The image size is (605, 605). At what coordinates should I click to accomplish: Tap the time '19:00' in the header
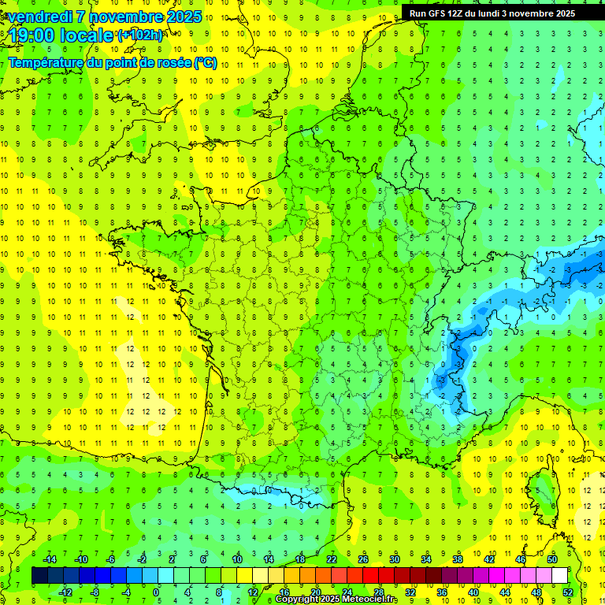32,35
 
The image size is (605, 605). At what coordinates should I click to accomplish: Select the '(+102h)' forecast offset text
140,35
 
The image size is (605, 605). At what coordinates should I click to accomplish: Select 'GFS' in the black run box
435,13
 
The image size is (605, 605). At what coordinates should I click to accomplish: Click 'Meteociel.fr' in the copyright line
370,599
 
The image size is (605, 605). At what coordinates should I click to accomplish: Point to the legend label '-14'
50,559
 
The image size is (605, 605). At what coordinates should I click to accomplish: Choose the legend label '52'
568,592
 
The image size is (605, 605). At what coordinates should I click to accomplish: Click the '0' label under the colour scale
156,592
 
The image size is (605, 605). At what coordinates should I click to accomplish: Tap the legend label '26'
363,559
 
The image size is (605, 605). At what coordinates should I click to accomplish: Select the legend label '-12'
65,592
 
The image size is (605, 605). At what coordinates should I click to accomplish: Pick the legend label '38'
457,559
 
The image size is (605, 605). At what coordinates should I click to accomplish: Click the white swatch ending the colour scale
559,576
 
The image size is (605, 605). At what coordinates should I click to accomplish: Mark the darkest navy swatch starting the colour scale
39,576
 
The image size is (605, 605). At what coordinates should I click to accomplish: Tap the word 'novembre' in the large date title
118,17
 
